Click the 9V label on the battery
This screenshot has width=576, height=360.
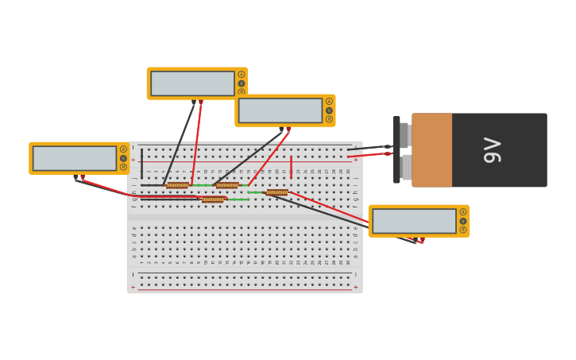tap(493, 149)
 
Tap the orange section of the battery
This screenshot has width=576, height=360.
tap(431, 149)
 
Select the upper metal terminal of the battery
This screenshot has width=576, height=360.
tap(404, 135)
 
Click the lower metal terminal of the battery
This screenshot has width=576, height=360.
tap(406, 167)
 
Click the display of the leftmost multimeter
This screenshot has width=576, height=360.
tap(75, 158)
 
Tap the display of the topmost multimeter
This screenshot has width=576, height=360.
tap(192, 83)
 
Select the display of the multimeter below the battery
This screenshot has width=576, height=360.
tap(414, 221)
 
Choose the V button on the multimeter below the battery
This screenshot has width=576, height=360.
tap(463, 221)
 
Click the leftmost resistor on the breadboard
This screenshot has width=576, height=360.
tap(177, 185)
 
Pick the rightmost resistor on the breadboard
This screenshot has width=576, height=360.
tap(276, 192)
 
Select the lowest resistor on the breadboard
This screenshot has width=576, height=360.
tap(212, 199)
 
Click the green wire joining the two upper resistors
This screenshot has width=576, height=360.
tap(202, 185)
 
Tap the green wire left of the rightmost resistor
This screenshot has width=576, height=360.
tap(255, 192)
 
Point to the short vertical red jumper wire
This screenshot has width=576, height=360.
tap(291, 165)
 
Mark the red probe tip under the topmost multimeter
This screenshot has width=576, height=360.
tap(201, 102)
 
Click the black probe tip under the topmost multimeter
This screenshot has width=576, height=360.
tap(193, 102)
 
